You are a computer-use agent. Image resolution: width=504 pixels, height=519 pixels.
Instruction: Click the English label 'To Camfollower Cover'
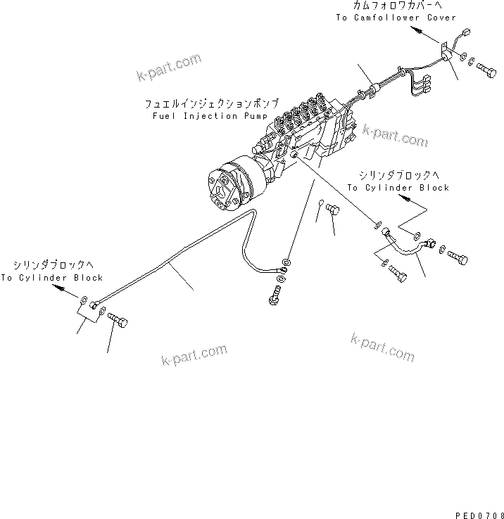pyautogui.click(x=396, y=18)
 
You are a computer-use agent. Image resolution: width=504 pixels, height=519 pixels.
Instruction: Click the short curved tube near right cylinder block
pyautogui.click(x=407, y=245)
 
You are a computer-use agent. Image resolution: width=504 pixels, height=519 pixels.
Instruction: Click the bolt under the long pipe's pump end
pyautogui.click(x=274, y=299)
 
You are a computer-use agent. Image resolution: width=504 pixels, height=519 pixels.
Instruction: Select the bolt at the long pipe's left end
pyautogui.click(x=118, y=323)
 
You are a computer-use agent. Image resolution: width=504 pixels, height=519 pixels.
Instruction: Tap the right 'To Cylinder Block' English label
pyautogui.click(x=398, y=188)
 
